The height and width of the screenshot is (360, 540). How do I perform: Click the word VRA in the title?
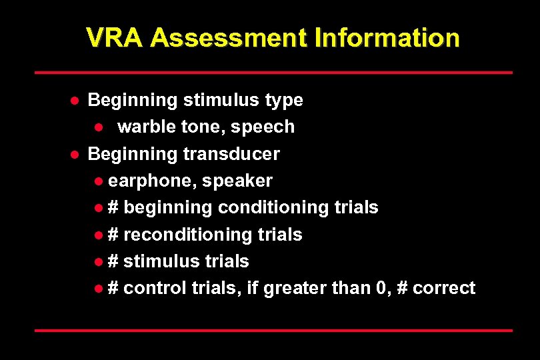115,38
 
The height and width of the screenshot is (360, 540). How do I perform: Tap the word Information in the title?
387,38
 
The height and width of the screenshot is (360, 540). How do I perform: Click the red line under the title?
273,72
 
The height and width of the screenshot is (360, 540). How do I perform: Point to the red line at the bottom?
273,330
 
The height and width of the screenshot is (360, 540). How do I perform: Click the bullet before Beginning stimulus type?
76,101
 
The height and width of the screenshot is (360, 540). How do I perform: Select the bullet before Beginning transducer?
76,154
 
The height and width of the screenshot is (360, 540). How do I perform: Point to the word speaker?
237,181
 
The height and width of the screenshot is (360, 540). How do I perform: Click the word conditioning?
272,207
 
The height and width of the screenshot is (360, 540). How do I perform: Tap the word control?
155,287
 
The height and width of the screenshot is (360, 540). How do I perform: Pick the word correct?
444,287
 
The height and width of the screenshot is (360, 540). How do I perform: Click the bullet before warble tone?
97,127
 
